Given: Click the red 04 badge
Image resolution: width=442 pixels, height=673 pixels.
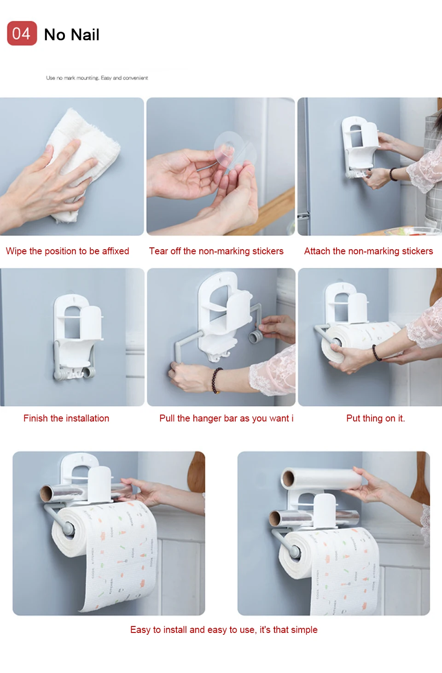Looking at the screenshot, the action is (x=22, y=33).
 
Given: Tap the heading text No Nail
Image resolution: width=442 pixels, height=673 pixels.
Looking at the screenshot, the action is (x=71, y=35).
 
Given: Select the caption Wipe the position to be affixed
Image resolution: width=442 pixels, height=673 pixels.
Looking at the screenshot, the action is (x=67, y=251).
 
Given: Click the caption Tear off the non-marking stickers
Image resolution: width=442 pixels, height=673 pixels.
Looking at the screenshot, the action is (x=216, y=251).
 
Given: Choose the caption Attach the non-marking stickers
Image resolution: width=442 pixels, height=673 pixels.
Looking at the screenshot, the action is (x=368, y=251).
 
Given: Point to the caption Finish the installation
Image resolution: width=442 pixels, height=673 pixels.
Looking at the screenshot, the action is (x=66, y=418).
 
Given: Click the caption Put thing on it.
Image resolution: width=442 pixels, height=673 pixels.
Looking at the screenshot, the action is (x=376, y=418).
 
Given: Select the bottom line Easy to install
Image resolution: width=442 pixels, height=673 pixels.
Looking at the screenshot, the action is (x=224, y=629).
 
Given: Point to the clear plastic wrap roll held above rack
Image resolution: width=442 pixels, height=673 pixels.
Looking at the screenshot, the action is (x=321, y=478).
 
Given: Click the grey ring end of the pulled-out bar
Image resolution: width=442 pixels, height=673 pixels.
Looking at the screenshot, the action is (x=256, y=336).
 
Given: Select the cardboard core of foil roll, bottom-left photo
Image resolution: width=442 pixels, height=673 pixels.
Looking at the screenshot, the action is (x=47, y=493).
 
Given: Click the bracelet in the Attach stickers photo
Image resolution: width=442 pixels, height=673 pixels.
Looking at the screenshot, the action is (x=393, y=174).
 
